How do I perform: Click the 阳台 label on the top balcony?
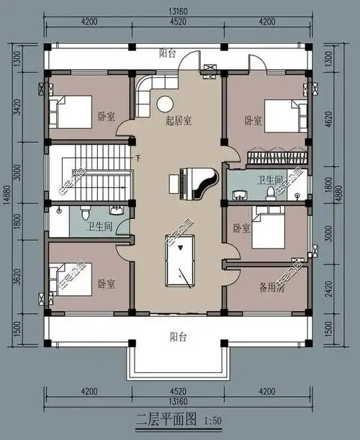click(x=168, y=53)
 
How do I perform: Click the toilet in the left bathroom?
click(x=85, y=212)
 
